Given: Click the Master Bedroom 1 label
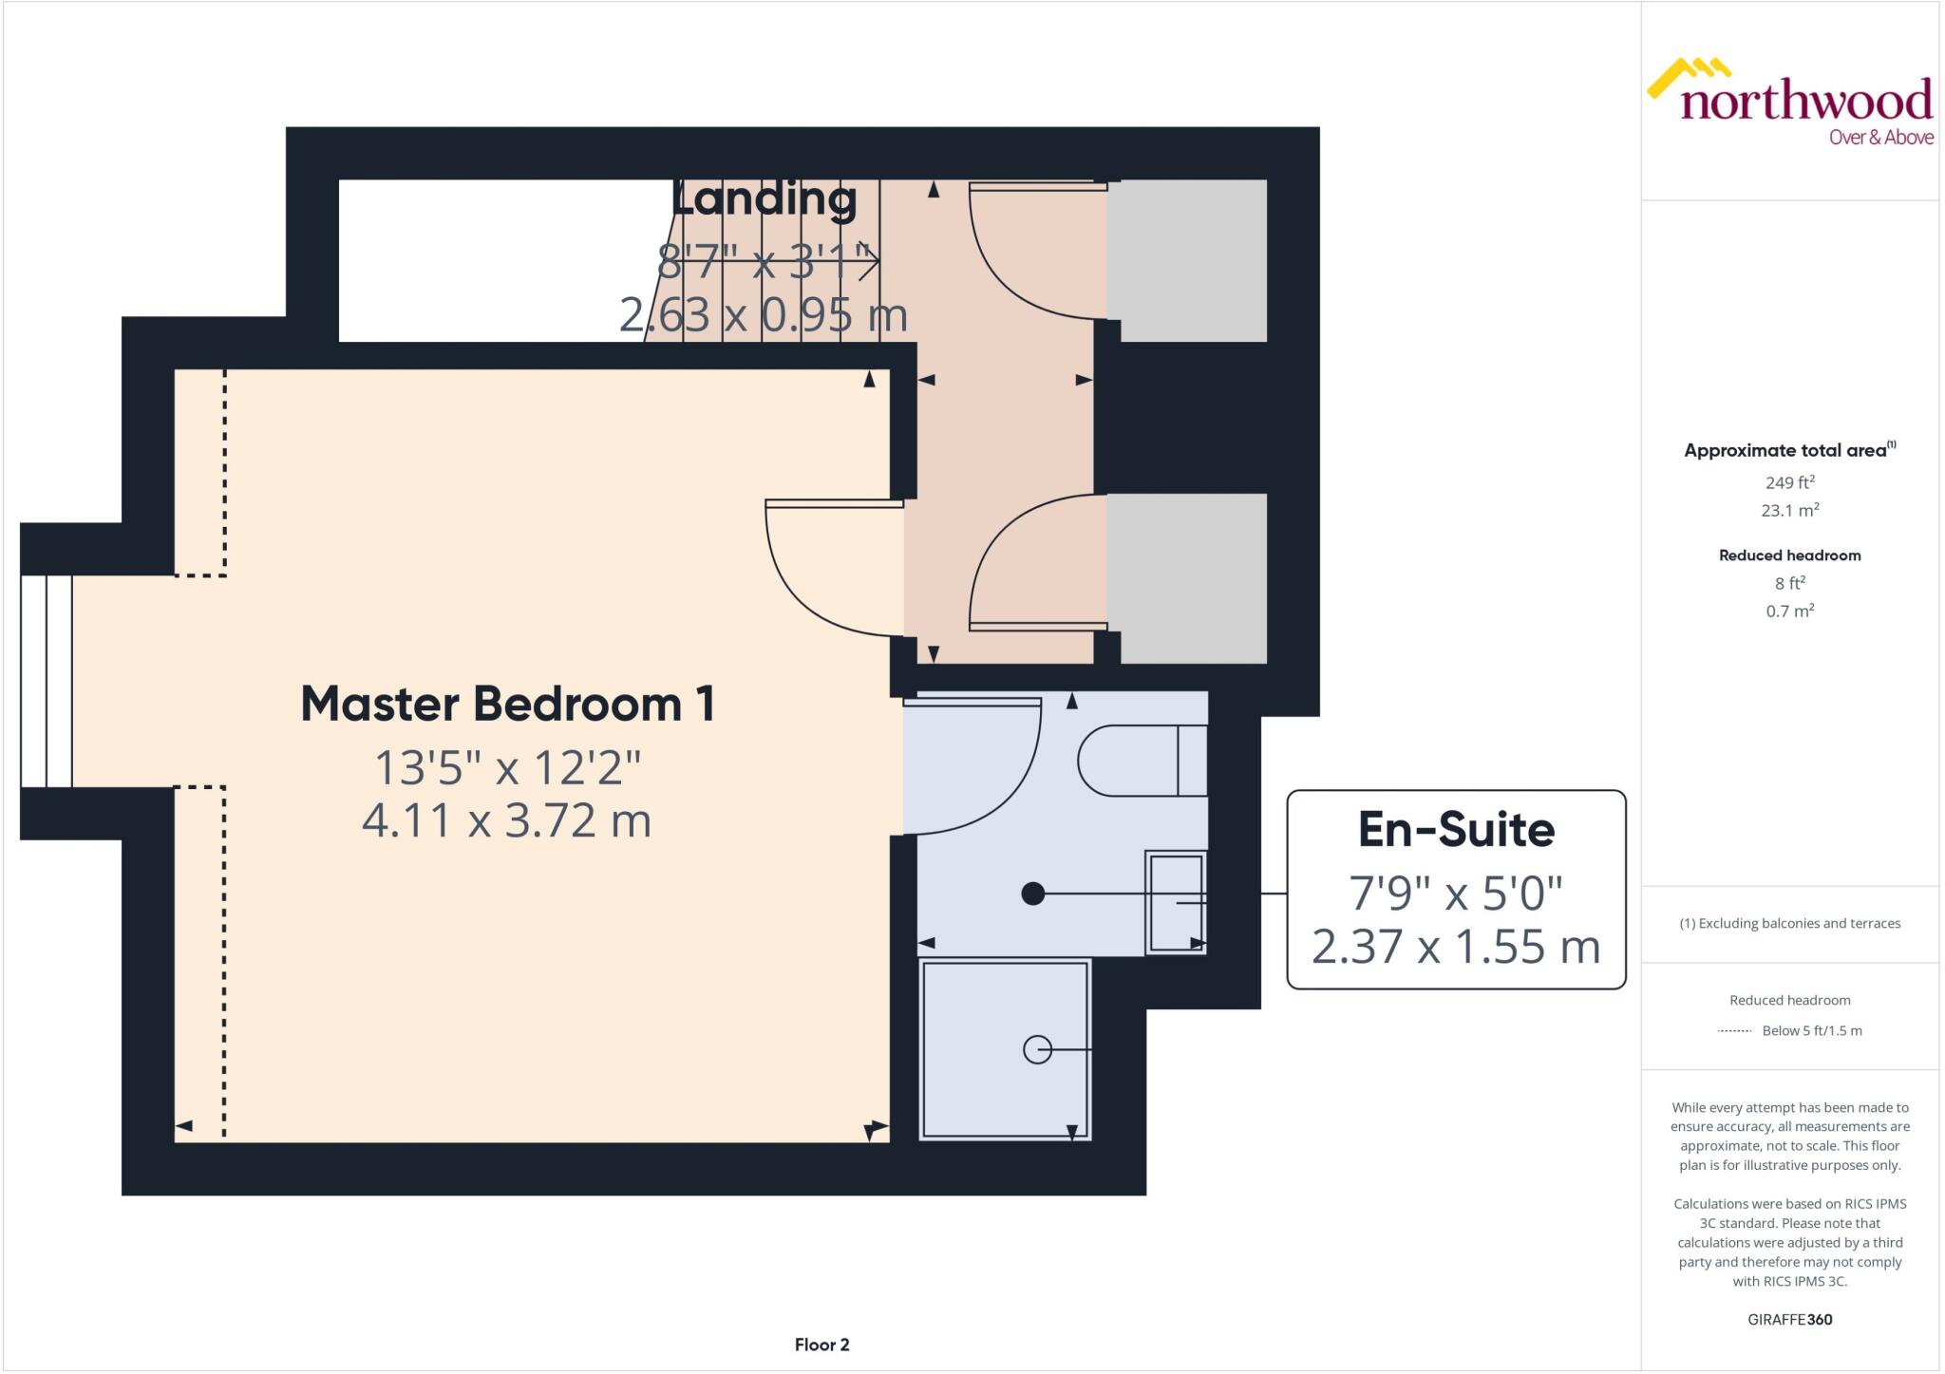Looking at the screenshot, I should (507, 705).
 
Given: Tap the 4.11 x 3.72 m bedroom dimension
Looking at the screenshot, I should (506, 821).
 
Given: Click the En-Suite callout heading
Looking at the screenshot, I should (1455, 830).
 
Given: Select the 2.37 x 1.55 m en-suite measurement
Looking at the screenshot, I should (1455, 947).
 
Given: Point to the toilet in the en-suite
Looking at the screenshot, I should (1140, 761).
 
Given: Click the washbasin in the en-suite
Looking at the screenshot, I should (1176, 902).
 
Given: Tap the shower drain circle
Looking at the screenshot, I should (1037, 1050).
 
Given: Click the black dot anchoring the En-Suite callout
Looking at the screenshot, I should (1032, 894).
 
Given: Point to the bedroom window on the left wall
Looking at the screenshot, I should (47, 681).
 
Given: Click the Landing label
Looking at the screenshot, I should (764, 199).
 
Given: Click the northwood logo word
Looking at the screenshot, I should (1805, 101).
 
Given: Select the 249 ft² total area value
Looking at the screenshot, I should (1789, 482).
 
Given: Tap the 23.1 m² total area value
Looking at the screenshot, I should (1789, 510).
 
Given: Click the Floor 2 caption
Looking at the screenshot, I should (821, 1345).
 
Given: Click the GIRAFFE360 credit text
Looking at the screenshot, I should (1789, 1319).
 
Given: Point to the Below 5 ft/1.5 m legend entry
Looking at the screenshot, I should (1811, 1030).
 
